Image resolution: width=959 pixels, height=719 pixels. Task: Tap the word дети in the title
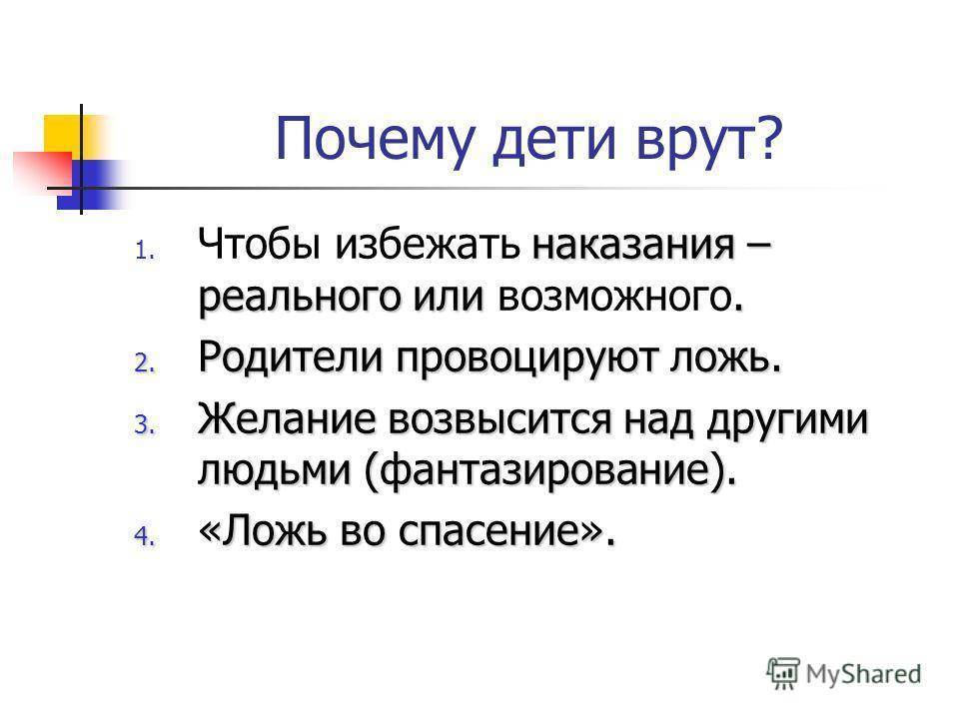tap(553, 141)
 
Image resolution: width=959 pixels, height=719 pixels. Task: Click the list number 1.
tap(144, 251)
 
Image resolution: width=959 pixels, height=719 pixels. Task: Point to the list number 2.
tap(144, 364)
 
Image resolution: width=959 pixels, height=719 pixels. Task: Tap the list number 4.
tap(144, 536)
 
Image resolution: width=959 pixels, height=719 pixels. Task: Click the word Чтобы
tap(260, 244)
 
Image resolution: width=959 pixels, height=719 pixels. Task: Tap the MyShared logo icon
tap(783, 674)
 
